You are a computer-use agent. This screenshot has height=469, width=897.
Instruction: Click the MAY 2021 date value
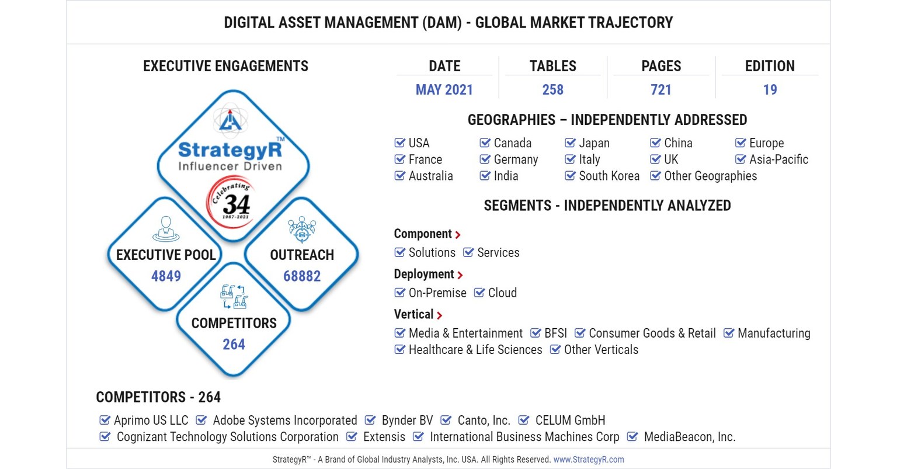point(444,89)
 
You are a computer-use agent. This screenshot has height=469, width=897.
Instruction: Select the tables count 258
point(552,89)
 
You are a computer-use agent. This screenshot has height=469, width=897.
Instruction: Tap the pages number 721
point(660,89)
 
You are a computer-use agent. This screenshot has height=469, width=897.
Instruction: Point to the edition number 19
point(770,89)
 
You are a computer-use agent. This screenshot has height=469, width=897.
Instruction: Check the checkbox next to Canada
point(485,143)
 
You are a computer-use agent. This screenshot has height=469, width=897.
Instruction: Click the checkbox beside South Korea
point(570,175)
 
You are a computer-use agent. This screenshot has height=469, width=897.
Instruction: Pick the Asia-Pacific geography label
point(778,159)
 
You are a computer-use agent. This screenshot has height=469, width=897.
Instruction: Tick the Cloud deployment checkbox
point(479,293)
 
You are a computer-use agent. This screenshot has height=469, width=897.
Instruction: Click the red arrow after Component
point(458,235)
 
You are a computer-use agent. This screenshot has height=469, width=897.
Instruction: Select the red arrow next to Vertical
point(439,315)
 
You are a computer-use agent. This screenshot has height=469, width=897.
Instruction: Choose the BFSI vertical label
point(555,333)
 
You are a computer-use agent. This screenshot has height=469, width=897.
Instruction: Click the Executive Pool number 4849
point(166,276)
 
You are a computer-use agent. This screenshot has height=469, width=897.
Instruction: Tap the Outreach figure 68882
point(302,276)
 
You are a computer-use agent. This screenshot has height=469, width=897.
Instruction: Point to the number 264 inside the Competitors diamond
point(234,344)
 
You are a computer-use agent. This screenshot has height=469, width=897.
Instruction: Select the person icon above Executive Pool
point(166,228)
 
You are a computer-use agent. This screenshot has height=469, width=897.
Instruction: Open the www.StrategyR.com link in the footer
point(589,460)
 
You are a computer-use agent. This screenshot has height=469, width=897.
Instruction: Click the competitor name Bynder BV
point(407,421)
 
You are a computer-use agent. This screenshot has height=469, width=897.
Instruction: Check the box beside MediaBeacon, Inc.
point(632,437)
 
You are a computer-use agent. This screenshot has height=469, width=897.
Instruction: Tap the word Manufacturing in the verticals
point(774,333)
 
